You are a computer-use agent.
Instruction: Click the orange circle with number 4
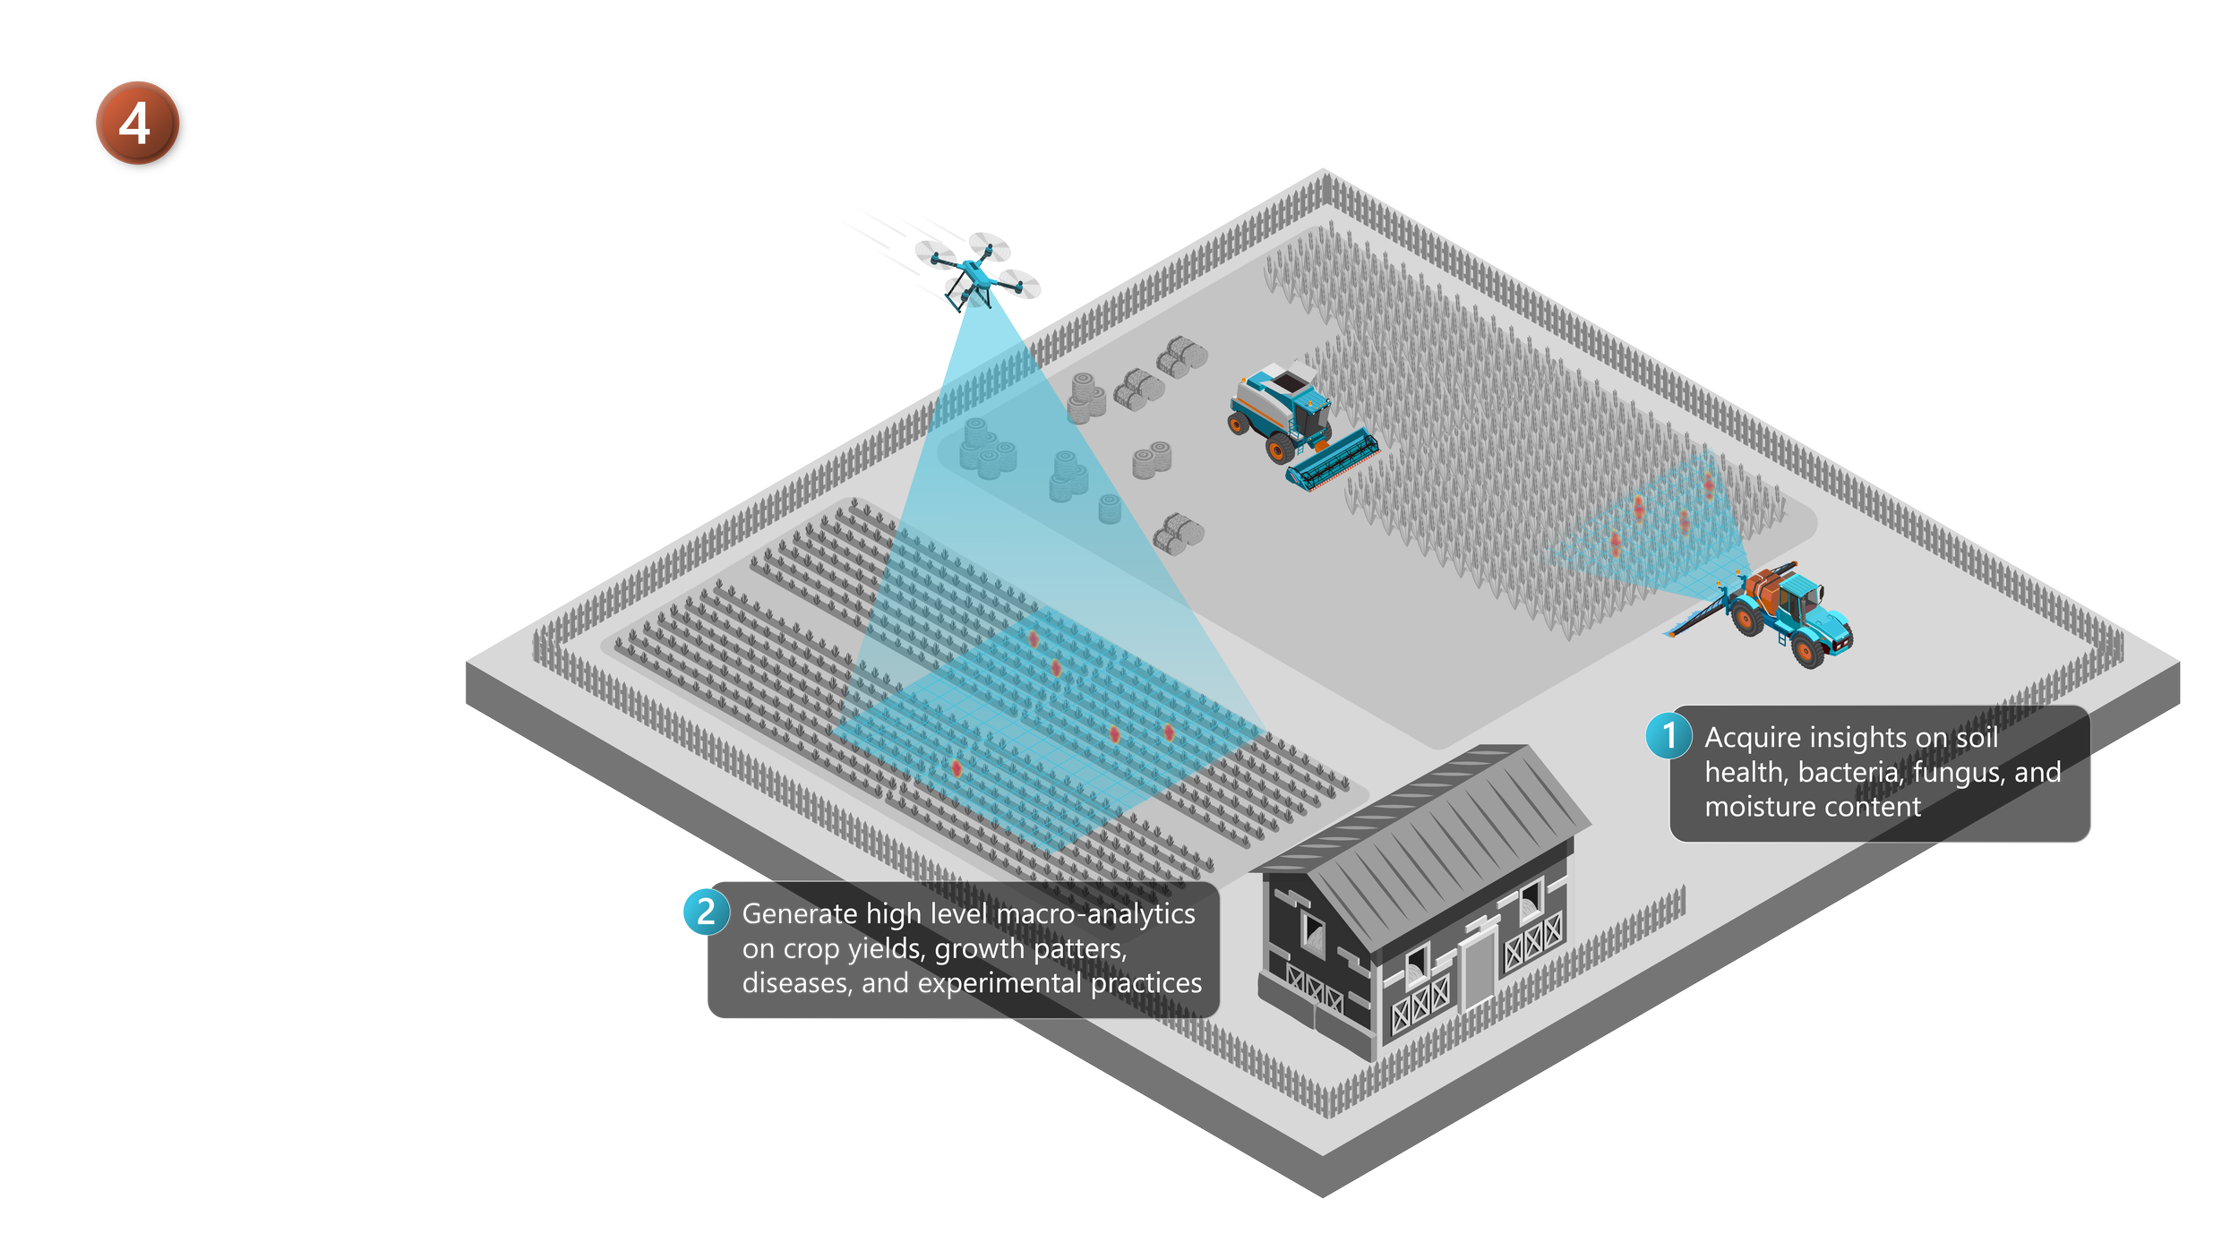tap(137, 124)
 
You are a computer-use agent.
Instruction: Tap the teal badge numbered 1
tap(1669, 735)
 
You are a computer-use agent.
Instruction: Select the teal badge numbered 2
tap(706, 912)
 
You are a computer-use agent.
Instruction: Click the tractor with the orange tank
tap(1787, 613)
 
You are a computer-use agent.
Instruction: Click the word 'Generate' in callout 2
tap(800, 914)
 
